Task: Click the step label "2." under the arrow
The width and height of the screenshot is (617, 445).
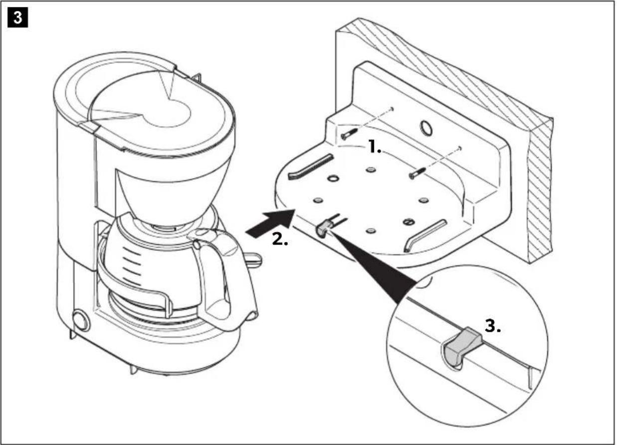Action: pyautogui.click(x=280, y=238)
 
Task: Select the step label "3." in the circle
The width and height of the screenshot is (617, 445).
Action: pyautogui.click(x=492, y=327)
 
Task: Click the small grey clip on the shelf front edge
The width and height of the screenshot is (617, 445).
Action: pyautogui.click(x=321, y=229)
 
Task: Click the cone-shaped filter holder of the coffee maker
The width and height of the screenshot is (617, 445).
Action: pyautogui.click(x=160, y=195)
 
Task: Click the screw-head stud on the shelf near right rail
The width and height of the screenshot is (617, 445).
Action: pyautogui.click(x=409, y=222)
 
